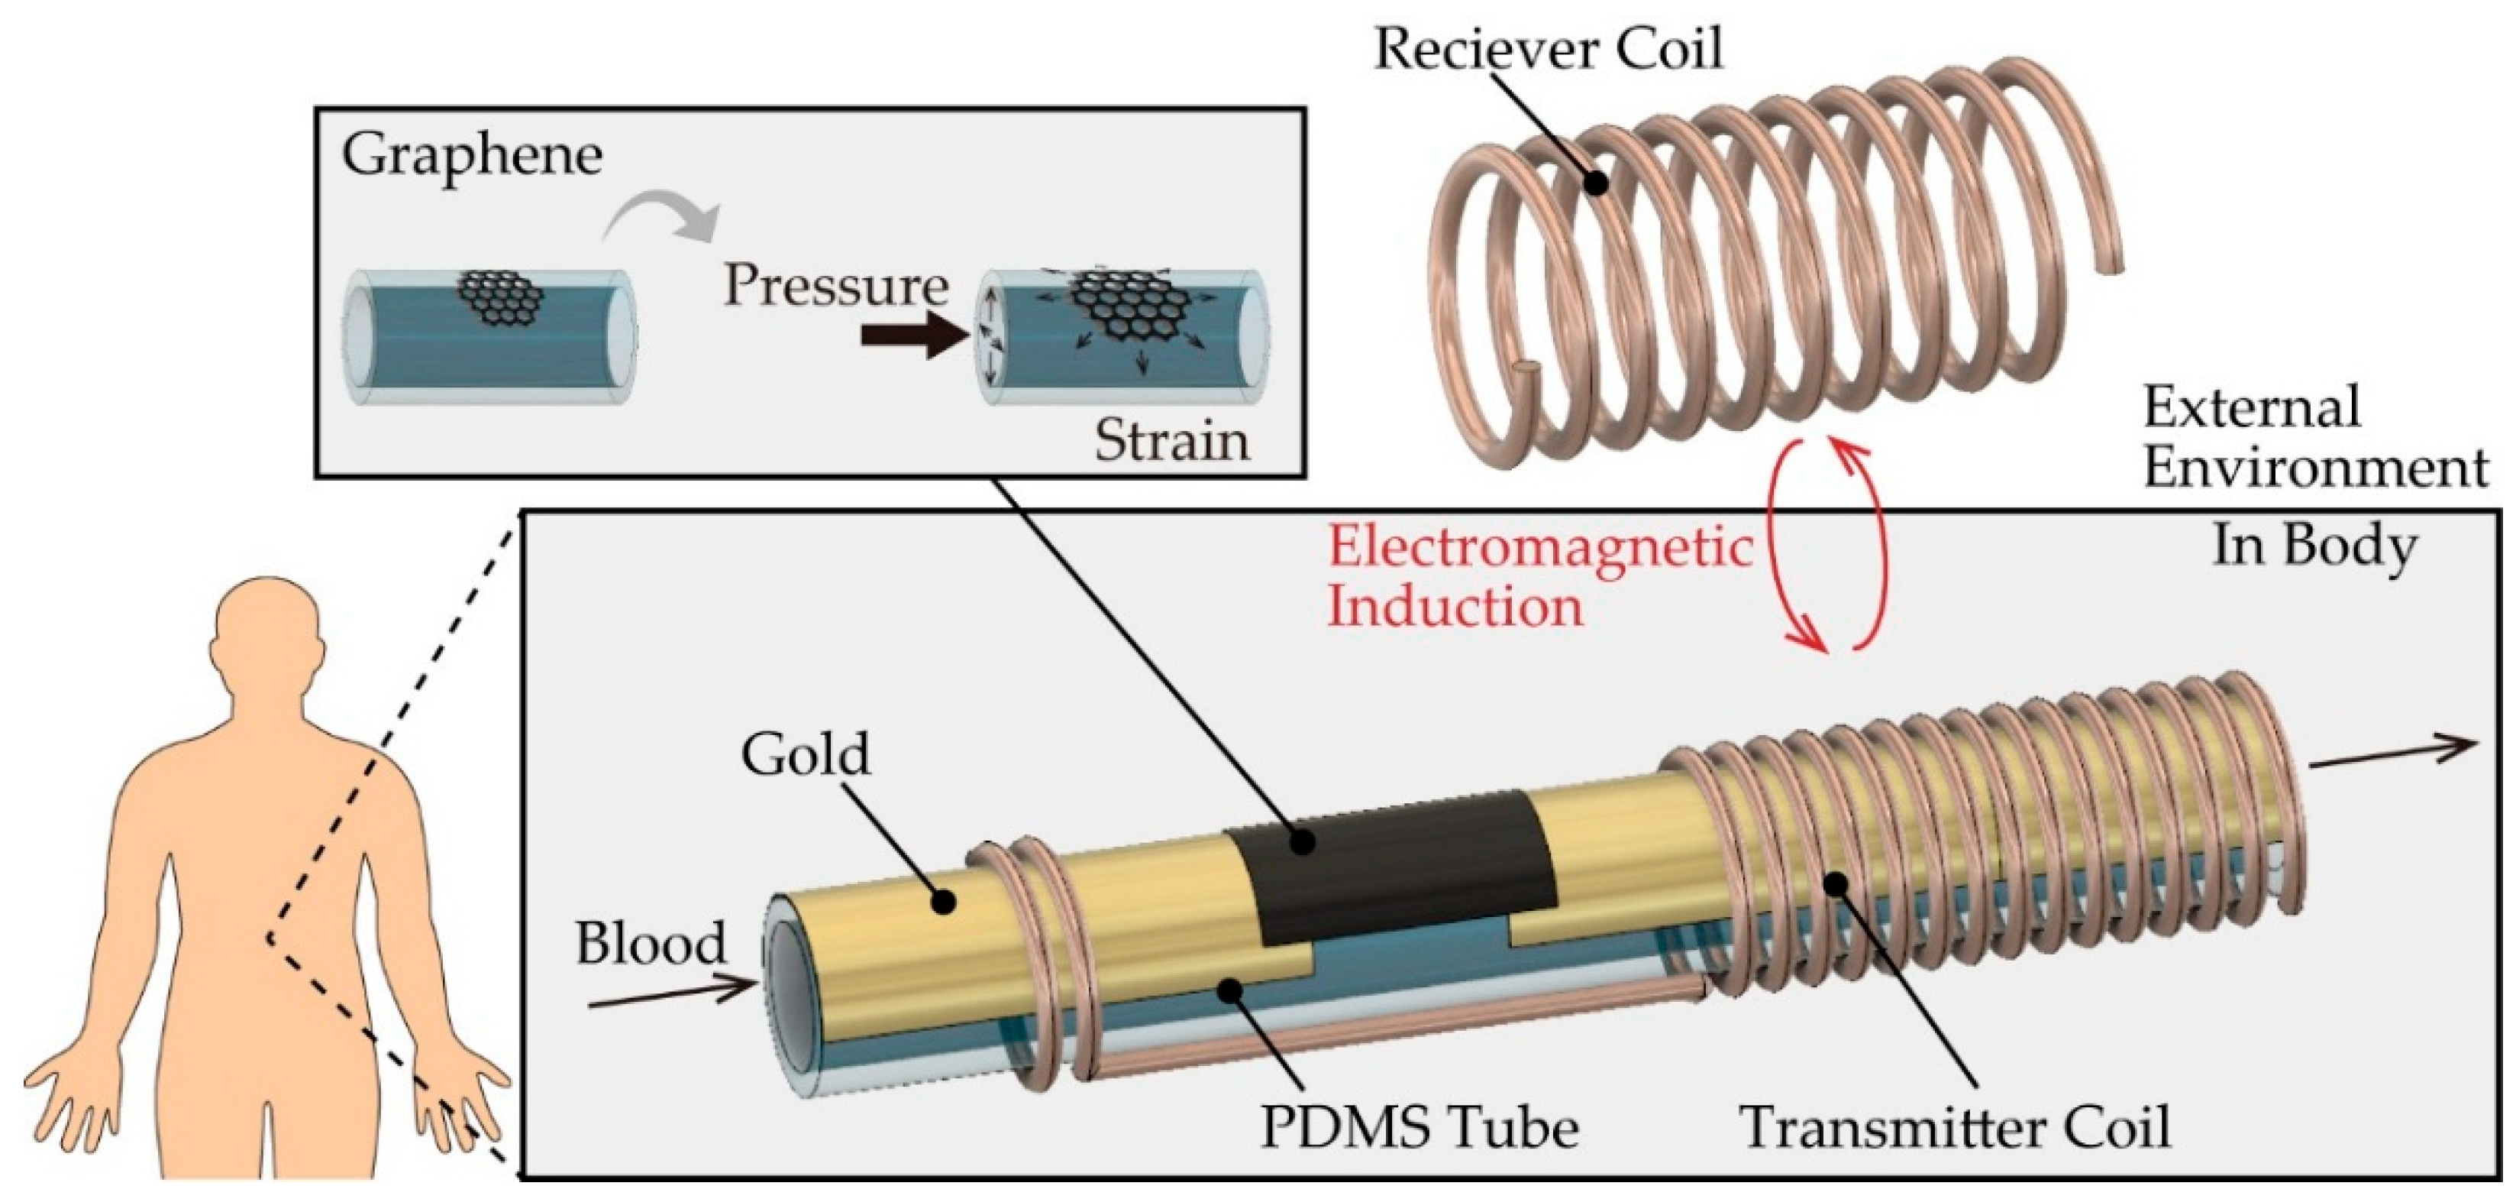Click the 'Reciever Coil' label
click(1548, 49)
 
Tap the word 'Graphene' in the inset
click(472, 157)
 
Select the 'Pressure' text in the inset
click(836, 287)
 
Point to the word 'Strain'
click(1171, 442)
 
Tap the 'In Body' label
click(2314, 546)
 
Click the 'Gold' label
click(805, 755)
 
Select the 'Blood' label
click(651, 944)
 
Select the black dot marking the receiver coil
click(1598, 182)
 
